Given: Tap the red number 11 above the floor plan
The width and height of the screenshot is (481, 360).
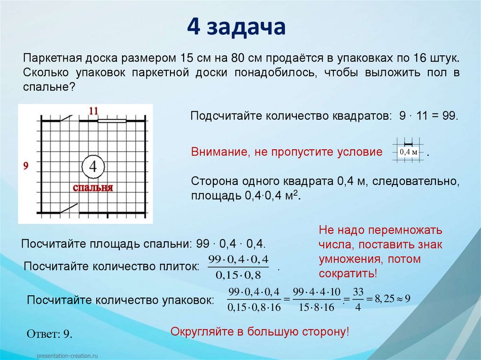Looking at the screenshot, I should [x=93, y=111].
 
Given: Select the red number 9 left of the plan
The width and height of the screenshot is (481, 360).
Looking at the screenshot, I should [x=26, y=165].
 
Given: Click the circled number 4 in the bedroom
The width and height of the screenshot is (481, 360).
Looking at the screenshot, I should [x=93, y=166].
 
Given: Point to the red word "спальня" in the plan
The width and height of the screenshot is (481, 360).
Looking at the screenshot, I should [x=93, y=188].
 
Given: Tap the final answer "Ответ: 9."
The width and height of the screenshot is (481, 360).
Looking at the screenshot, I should [x=49, y=334].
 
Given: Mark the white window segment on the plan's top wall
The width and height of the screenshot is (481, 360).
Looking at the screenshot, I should [x=112, y=121].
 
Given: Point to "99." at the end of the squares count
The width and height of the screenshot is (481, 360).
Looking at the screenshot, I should [x=450, y=115].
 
